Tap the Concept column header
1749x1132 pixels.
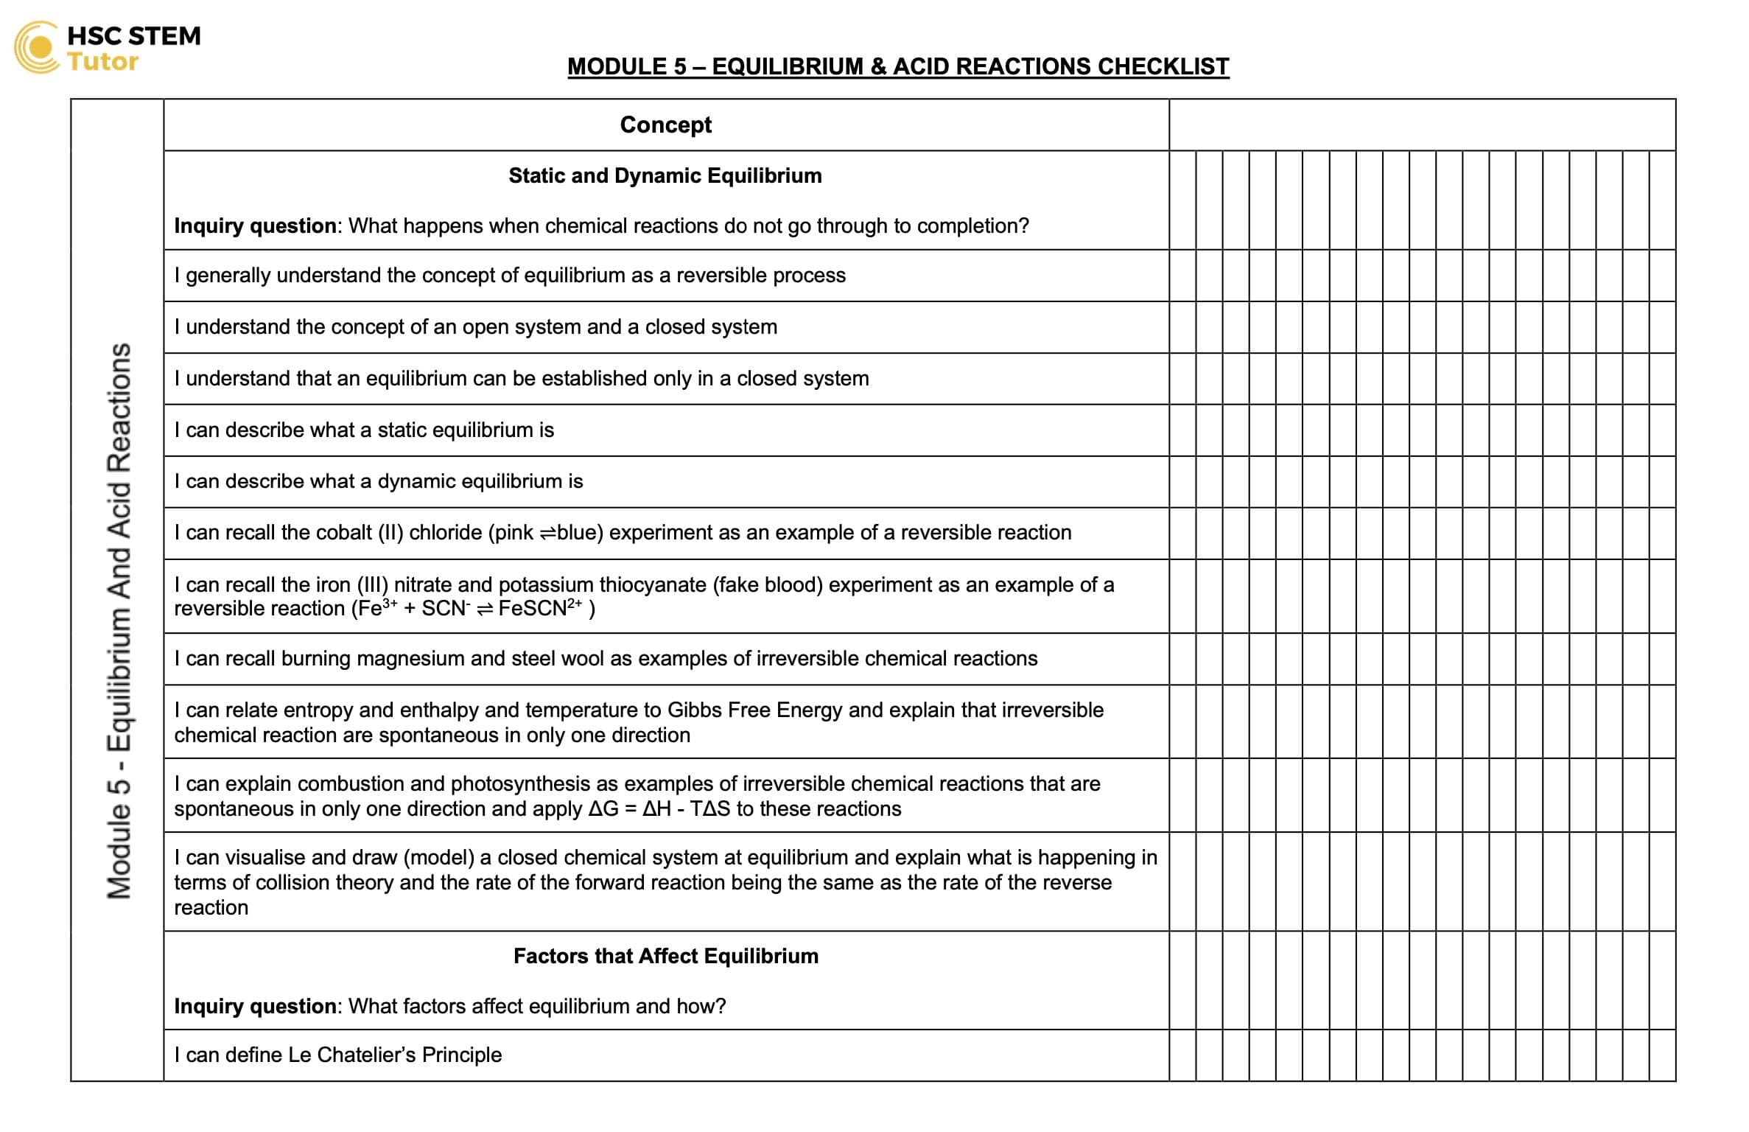click(x=665, y=125)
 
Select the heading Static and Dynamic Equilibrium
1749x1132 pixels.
click(x=665, y=176)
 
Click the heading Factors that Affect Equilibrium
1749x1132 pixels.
click(x=665, y=957)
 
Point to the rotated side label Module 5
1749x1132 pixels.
click(x=119, y=848)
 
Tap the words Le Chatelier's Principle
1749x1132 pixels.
click(x=394, y=1055)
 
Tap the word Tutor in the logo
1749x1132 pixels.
click(x=102, y=62)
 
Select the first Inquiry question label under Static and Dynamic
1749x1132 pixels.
click(x=255, y=226)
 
